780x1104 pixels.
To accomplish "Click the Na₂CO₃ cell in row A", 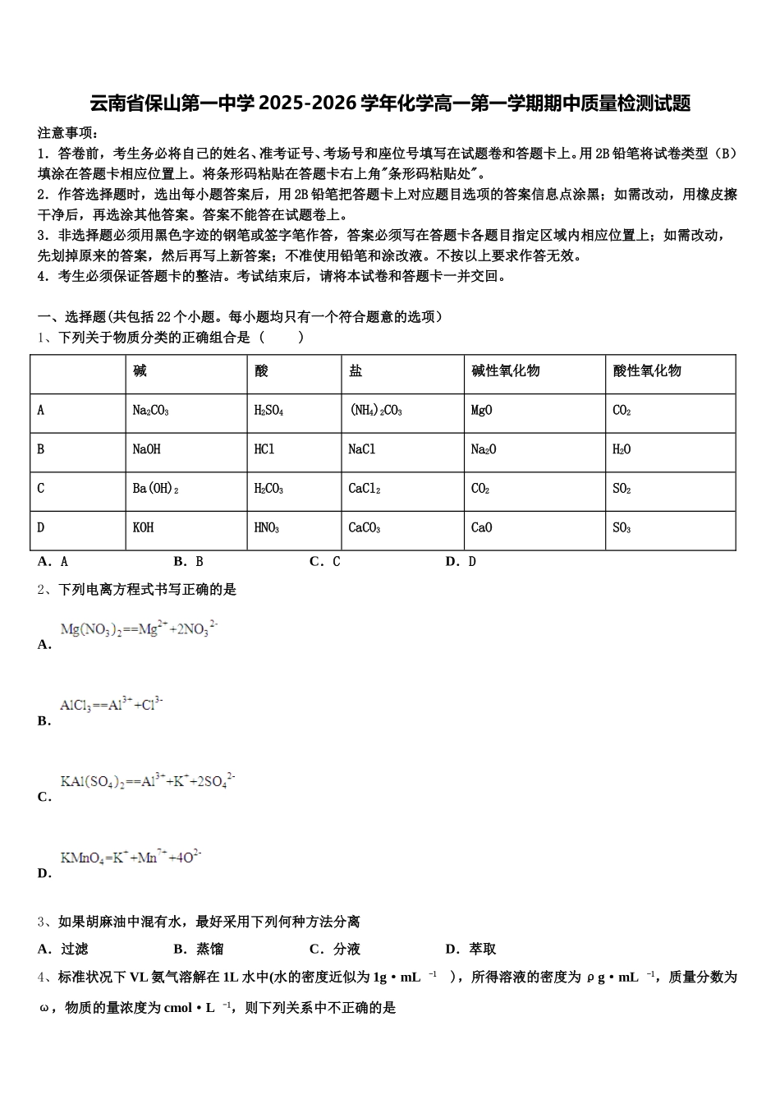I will pyautogui.click(x=151, y=410).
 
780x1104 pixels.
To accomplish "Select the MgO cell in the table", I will pyautogui.click(x=482, y=410).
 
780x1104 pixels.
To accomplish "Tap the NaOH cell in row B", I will pyautogui.click(x=147, y=449).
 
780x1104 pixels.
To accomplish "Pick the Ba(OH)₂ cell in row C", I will pyautogui.click(x=155, y=489).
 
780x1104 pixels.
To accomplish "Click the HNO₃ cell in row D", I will pyautogui.click(x=267, y=527).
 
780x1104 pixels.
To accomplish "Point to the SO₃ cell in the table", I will pyautogui.click(x=622, y=527).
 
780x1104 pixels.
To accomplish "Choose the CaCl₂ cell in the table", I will pyautogui.click(x=365, y=489).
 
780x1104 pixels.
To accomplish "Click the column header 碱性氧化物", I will pyautogui.click(x=506, y=370).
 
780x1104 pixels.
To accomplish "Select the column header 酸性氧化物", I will pyautogui.click(x=647, y=370).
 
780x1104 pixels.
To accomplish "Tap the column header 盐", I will pyautogui.click(x=356, y=370).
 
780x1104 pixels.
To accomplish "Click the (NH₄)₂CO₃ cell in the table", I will pyautogui.click(x=376, y=410).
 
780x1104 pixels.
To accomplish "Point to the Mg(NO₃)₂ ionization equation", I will pyautogui.click(x=139, y=629).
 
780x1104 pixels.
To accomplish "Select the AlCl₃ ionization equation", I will pyautogui.click(x=112, y=705).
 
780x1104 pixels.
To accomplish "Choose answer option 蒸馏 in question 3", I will pyautogui.click(x=209, y=949).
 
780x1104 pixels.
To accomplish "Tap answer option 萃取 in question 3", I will pyautogui.click(x=483, y=949).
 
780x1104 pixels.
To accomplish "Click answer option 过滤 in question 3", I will pyautogui.click(x=74, y=949).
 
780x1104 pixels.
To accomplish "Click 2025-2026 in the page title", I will pyautogui.click(x=308, y=103).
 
